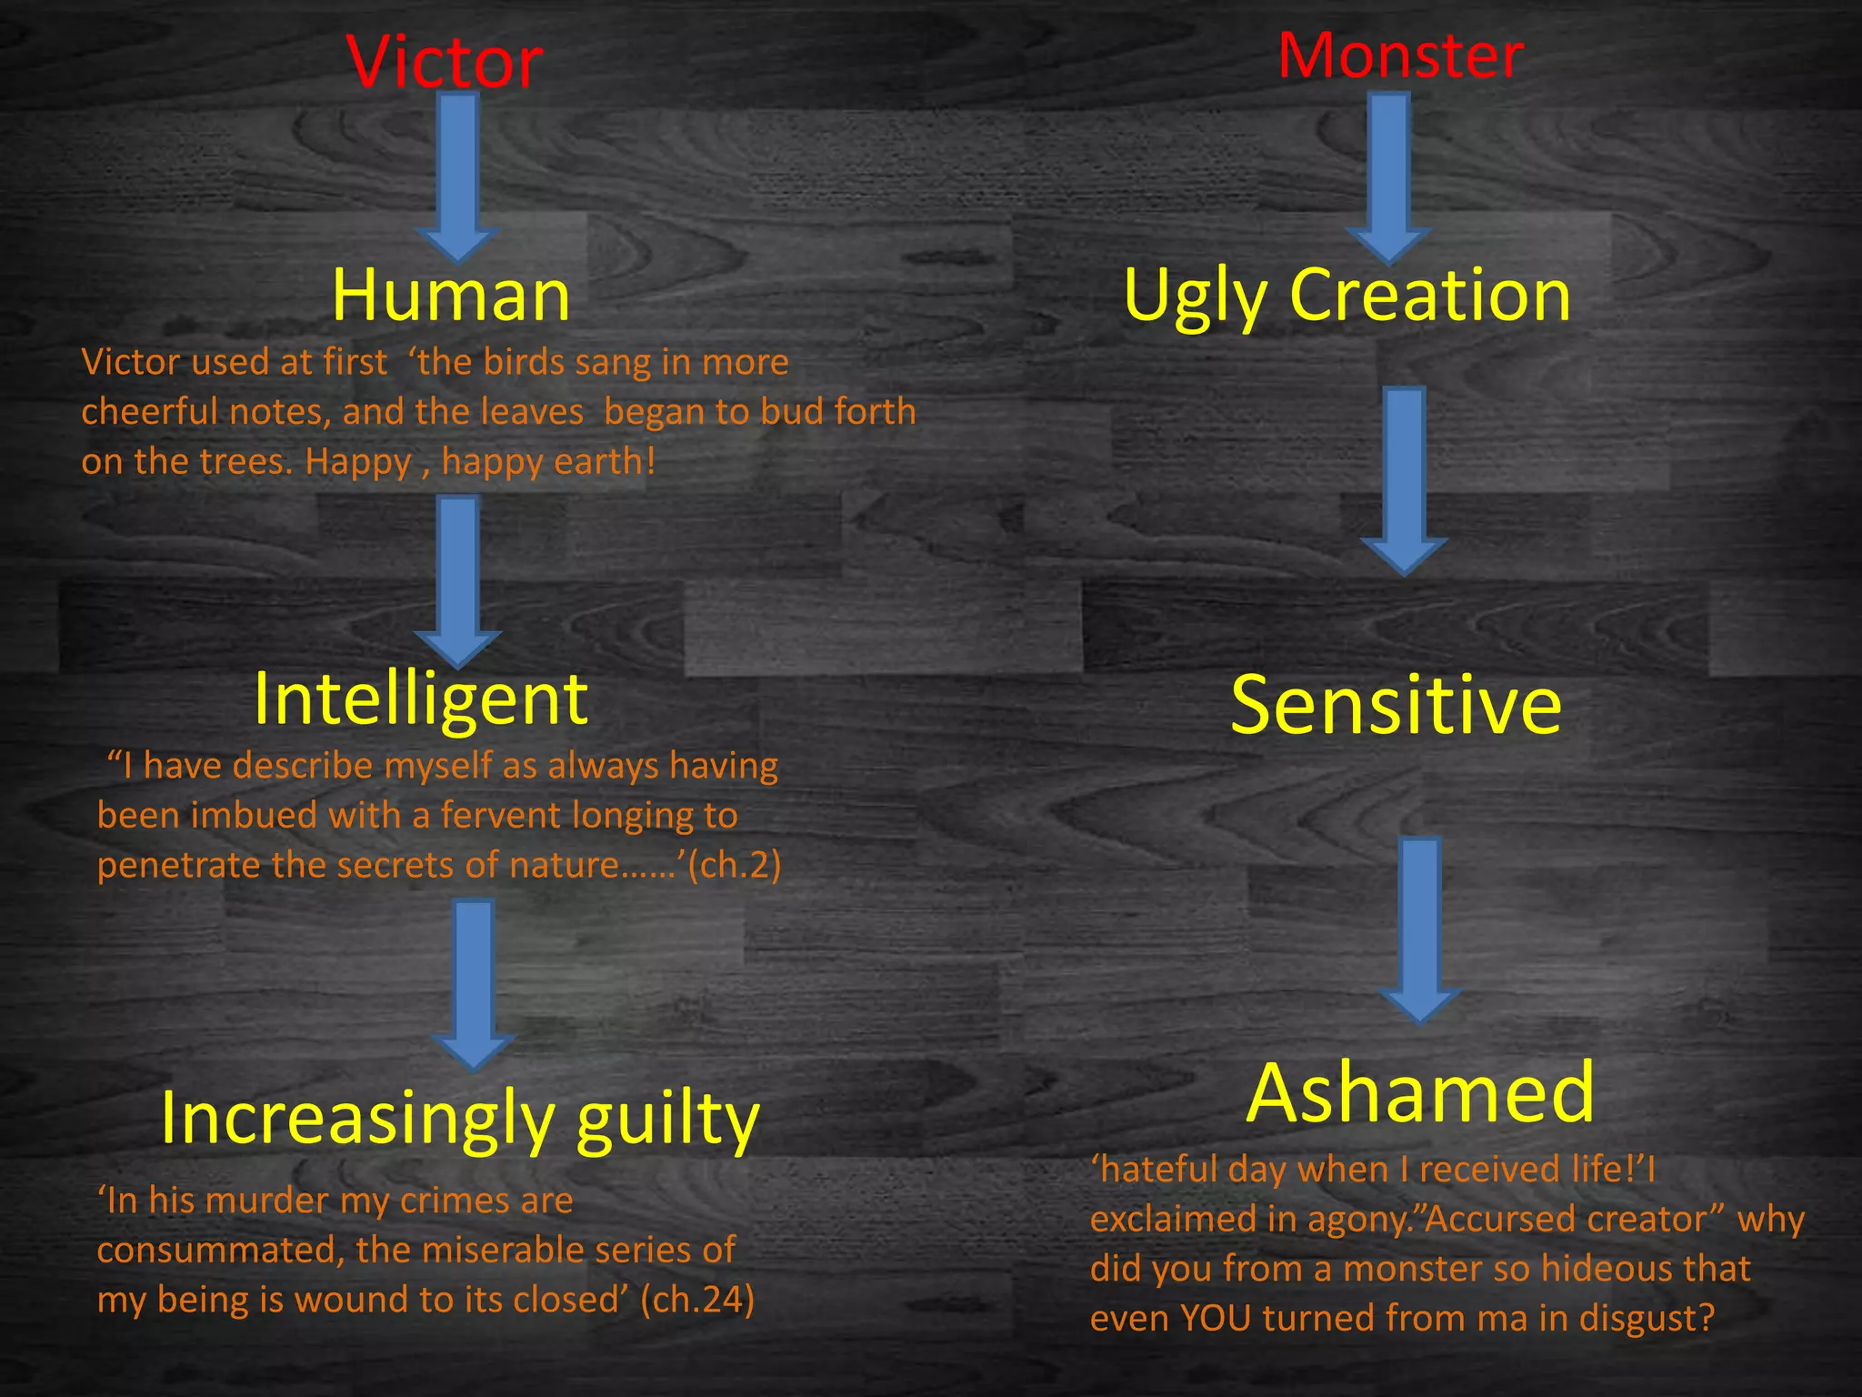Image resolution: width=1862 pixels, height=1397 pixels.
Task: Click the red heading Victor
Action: (445, 63)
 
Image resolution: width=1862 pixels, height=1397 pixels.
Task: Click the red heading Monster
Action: (1400, 55)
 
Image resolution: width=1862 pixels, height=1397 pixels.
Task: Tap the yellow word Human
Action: (451, 296)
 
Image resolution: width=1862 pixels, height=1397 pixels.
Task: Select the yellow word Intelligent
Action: (421, 698)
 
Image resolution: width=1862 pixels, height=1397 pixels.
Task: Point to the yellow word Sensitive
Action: (1396, 706)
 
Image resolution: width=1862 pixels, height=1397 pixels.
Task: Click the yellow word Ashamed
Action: (1419, 1093)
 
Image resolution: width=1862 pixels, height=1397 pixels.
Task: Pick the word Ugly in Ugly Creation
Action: (1195, 296)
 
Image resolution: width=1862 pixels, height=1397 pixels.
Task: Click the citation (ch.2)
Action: (735, 864)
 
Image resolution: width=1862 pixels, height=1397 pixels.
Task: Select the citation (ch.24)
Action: (697, 1300)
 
